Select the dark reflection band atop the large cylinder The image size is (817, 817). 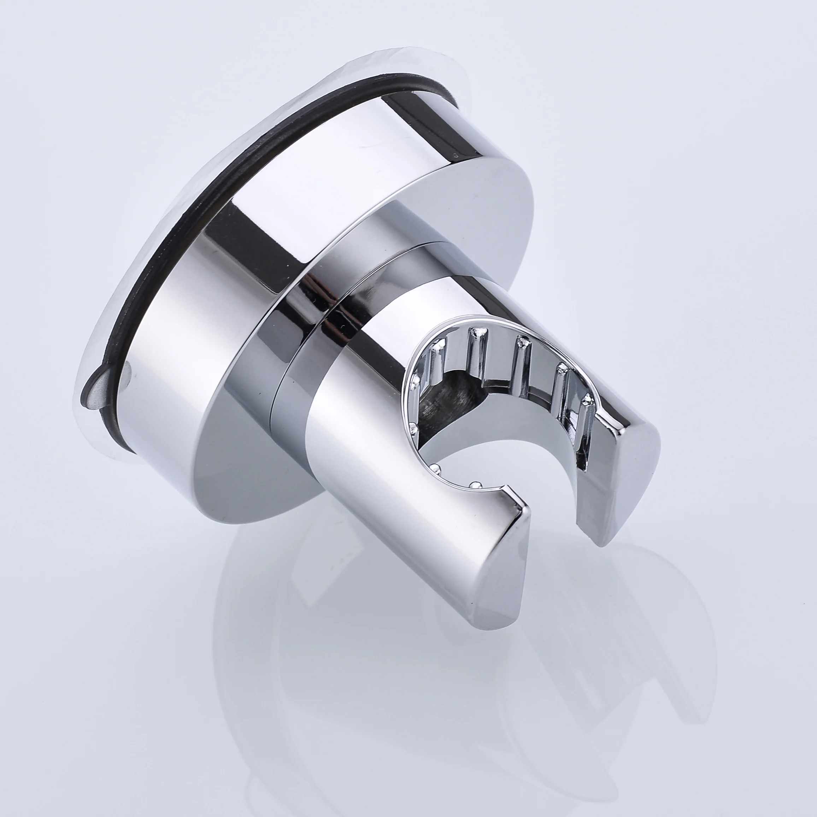tap(427, 123)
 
